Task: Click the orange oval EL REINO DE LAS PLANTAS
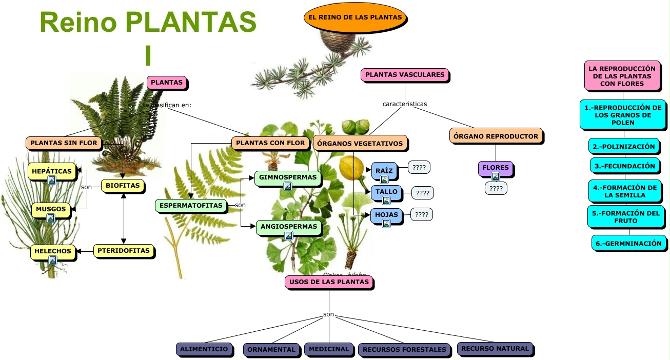(355, 17)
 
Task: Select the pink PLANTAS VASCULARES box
(405, 75)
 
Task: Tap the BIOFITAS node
(123, 186)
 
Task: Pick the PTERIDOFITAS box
(124, 251)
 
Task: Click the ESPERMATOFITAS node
(191, 206)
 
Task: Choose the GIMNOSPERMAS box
(288, 177)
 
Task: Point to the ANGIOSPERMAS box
(289, 226)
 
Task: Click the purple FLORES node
(495, 168)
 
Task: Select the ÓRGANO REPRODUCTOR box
(496, 136)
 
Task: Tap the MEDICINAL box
(329, 349)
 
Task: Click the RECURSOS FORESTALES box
(404, 350)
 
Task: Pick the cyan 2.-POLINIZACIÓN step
(624, 146)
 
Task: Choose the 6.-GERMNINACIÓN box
(629, 244)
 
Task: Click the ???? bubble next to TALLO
(423, 193)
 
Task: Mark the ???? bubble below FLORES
(496, 188)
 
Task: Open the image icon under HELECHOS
(53, 260)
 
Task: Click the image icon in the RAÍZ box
(384, 179)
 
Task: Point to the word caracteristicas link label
(405, 104)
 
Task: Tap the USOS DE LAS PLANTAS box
(329, 282)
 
